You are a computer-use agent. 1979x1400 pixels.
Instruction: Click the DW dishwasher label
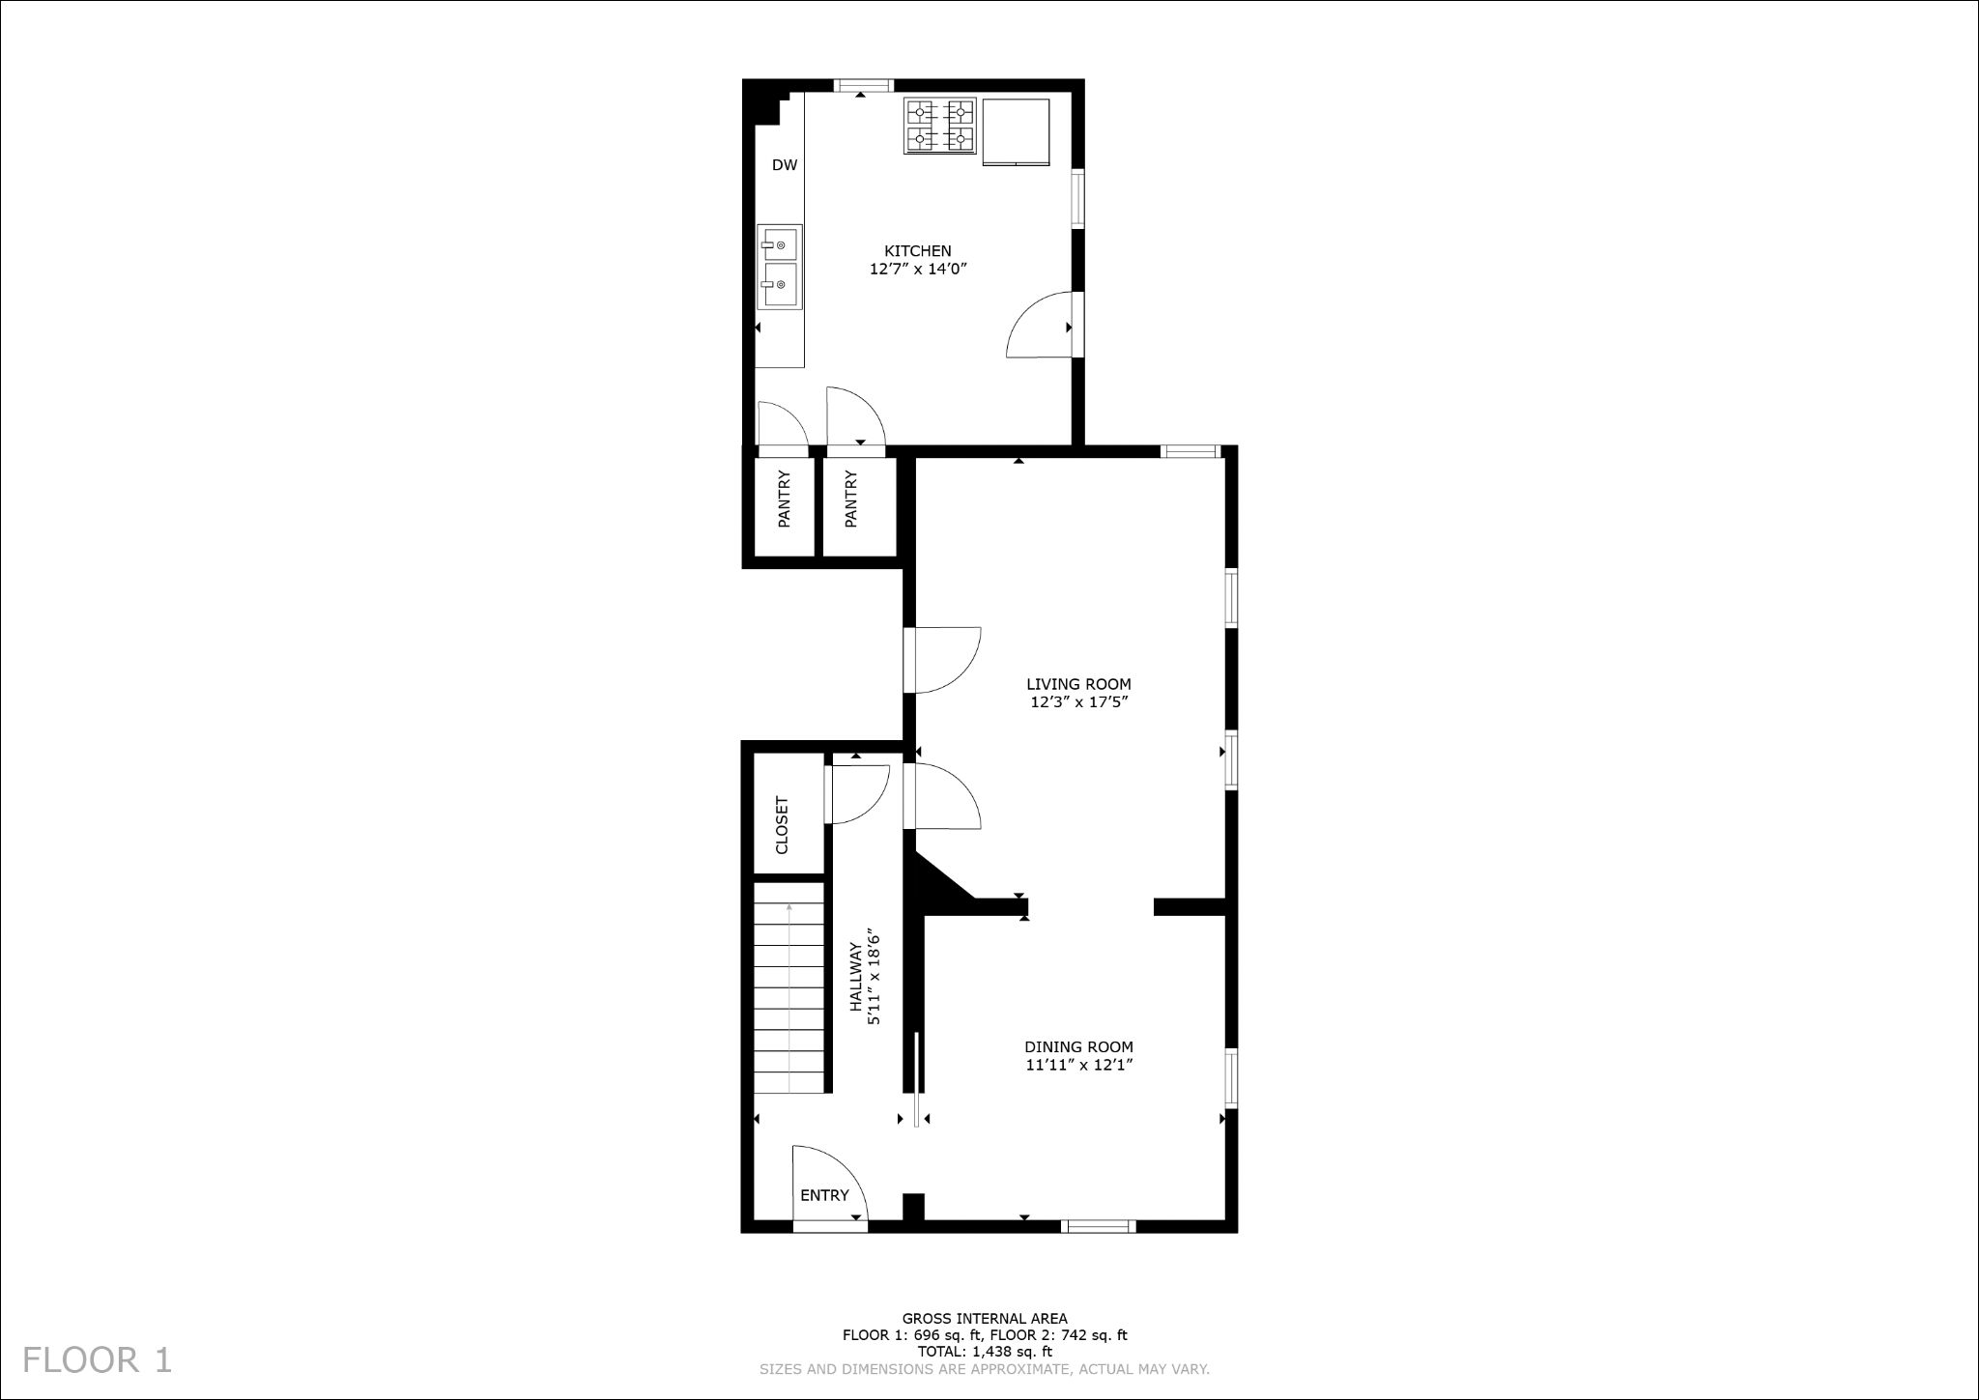785,165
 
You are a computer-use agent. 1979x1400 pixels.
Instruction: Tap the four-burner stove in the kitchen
939,126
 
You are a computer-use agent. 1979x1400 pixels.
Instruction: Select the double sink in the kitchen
779,267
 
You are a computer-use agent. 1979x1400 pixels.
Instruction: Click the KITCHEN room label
918,251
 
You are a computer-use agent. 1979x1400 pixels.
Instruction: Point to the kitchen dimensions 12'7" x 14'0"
918,270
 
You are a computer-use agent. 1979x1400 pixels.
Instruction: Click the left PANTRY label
785,499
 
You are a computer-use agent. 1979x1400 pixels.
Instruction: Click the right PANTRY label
851,499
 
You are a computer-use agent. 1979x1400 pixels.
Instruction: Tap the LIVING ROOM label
1078,684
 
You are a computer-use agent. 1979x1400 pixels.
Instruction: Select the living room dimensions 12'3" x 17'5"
1078,702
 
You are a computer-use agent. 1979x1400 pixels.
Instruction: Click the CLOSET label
783,825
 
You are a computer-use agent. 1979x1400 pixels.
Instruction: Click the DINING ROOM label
1078,1046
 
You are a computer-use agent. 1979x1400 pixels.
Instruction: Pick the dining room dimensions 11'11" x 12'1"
1078,1065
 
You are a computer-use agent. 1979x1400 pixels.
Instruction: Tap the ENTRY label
824,1195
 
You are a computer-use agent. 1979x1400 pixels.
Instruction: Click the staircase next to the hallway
789,987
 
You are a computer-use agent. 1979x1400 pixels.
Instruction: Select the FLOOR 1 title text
98,1359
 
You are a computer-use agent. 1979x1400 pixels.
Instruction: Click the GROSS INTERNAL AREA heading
985,1318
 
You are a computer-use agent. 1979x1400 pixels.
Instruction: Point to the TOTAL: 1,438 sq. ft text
985,1352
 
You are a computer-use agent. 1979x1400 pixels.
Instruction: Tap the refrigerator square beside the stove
1016,131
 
